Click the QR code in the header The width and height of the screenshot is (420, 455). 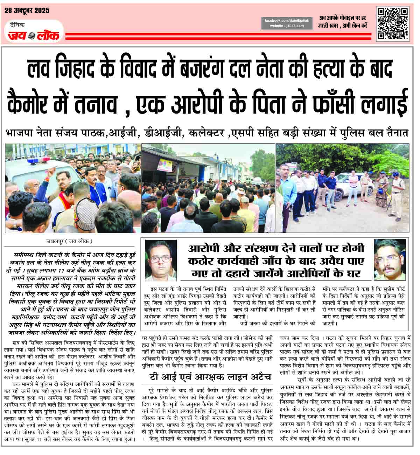[392, 24]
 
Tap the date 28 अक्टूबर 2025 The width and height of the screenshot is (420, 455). [27, 10]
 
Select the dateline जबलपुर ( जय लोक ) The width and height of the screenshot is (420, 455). [70, 241]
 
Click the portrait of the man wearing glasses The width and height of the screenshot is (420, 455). [161, 260]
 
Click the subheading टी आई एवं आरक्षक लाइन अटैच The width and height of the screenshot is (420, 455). [209, 376]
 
